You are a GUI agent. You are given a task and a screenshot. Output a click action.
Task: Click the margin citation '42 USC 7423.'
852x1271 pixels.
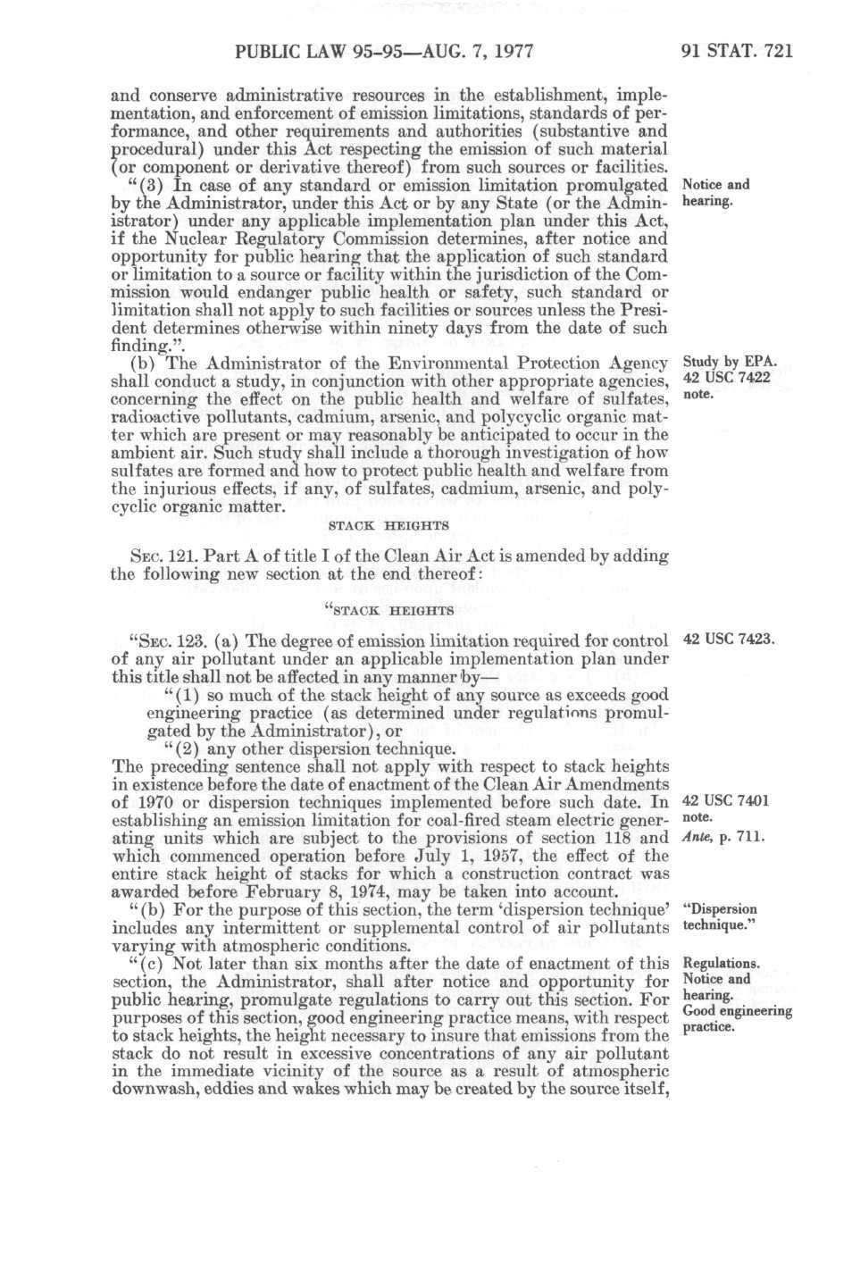(x=726, y=640)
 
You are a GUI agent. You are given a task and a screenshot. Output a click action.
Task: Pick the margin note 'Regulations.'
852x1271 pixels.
(x=721, y=964)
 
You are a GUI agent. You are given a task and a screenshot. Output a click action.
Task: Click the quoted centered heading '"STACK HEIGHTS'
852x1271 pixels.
(x=388, y=611)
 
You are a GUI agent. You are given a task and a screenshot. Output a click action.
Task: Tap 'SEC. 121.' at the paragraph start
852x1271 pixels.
(x=139, y=556)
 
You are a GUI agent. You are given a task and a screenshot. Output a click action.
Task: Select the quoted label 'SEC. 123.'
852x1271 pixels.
(x=163, y=640)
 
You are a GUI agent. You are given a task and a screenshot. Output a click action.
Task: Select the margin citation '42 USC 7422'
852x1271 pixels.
(x=726, y=379)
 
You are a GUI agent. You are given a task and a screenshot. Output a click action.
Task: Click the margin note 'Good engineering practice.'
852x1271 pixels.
(x=736, y=1018)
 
